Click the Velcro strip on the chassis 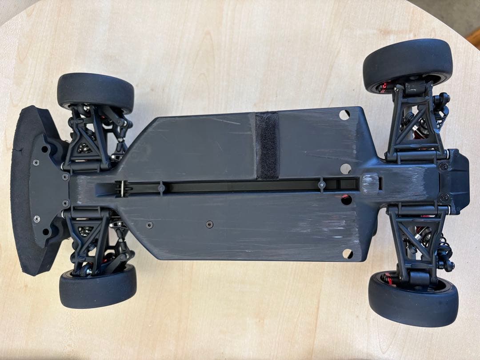tap(267, 145)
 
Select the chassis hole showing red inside tap(346, 200)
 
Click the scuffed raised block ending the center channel tap(370, 183)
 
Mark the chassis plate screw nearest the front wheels tap(149, 224)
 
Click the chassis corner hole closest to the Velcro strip tap(344, 114)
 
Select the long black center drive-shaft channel tap(240, 186)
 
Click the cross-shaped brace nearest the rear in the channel tap(321, 184)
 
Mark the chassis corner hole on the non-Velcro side tap(348, 254)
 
